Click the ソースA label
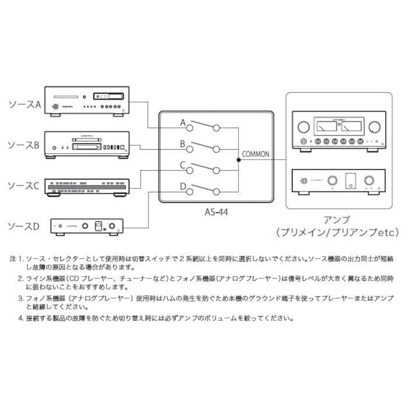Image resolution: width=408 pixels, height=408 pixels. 24,105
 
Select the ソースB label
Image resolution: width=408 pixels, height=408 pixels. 24,145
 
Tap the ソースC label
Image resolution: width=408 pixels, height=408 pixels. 24,185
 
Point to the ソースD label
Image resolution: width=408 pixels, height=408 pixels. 24,226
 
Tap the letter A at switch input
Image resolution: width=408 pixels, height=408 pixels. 182,123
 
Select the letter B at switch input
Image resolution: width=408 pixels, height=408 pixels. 182,143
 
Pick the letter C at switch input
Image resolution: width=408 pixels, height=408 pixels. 182,166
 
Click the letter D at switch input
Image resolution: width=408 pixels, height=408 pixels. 182,187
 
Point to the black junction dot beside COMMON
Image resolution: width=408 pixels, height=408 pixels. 238,159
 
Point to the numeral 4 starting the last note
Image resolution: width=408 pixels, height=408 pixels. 20,319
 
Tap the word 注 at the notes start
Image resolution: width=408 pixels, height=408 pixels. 13,257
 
